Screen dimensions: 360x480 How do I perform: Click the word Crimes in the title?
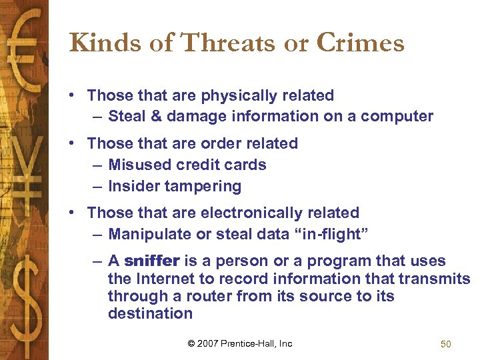(360, 43)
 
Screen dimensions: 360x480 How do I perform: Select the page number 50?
(446, 344)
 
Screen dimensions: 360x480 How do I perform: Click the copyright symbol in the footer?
(191, 344)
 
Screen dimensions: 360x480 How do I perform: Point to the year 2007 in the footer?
(209, 344)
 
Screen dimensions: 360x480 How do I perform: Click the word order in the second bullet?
(219, 143)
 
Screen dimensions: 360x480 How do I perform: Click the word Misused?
(139, 165)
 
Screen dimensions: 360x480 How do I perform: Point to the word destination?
(150, 313)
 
